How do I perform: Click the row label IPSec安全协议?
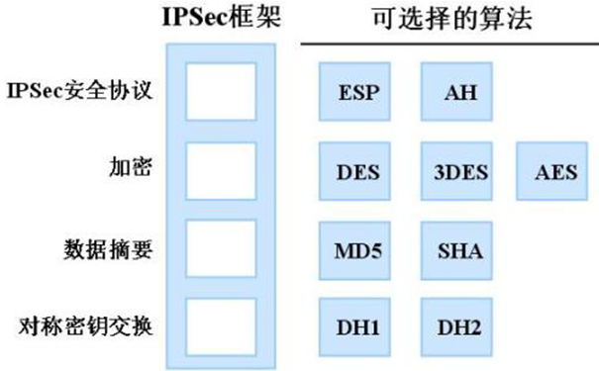point(81,92)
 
